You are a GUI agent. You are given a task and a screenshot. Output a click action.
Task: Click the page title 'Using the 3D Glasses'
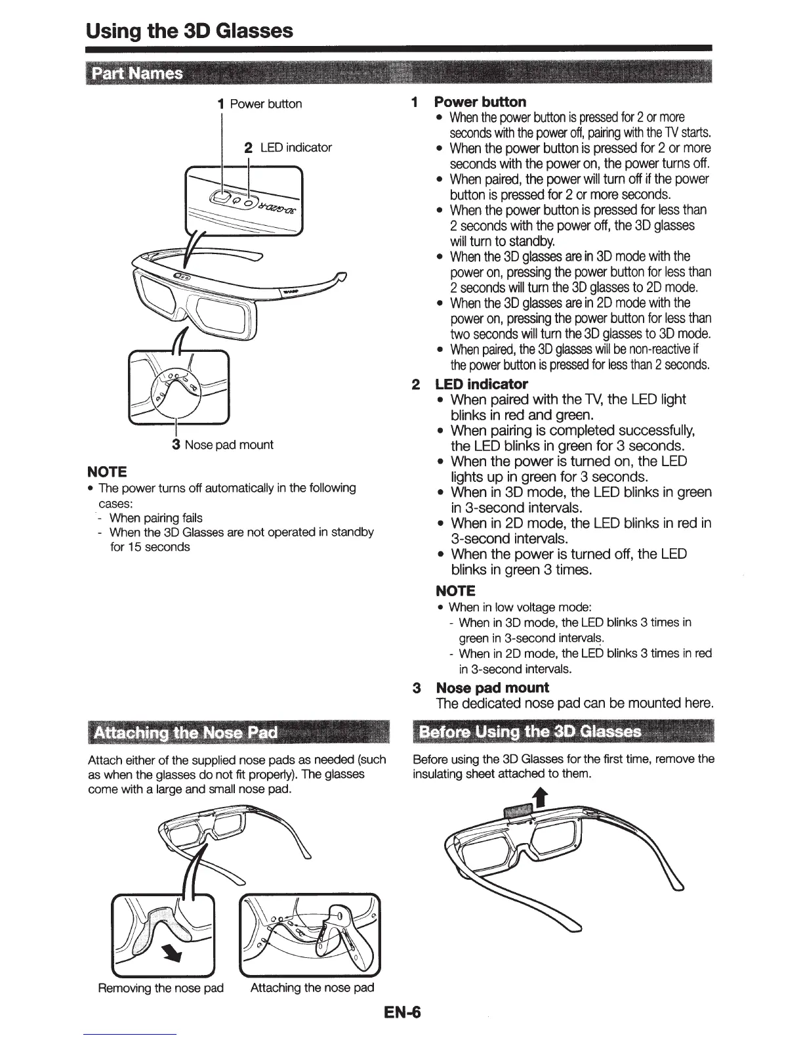click(x=190, y=30)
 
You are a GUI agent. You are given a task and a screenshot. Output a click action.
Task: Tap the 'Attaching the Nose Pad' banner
click(x=186, y=732)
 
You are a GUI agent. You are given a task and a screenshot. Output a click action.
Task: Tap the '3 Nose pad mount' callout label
click(x=222, y=444)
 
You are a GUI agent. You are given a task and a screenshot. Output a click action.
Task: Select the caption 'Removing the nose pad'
click(x=161, y=987)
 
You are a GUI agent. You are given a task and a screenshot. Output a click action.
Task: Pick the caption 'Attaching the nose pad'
click(x=312, y=987)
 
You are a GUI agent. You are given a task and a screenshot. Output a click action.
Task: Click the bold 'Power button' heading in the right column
click(x=480, y=102)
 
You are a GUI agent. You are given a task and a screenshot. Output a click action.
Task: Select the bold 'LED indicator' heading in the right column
click(x=482, y=384)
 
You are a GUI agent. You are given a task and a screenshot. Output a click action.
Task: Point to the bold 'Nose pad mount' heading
click(x=492, y=687)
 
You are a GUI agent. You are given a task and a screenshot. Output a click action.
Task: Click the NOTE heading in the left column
click(x=106, y=471)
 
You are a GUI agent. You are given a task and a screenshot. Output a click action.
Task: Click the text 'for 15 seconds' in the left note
click(x=150, y=547)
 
